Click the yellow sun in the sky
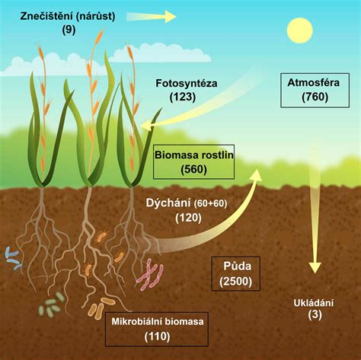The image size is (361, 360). tap(299, 30)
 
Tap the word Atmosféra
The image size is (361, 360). tap(314, 83)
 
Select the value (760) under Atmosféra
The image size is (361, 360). tap(315, 97)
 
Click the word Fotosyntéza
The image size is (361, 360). tap(187, 84)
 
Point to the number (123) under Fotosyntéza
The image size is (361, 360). tap(183, 97)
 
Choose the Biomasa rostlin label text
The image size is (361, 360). tap(194, 155)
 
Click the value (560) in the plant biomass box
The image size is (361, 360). tap(193, 169)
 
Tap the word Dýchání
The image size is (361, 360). tap(168, 203)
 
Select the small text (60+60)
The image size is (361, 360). tap(210, 203)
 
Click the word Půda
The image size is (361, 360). tap(238, 266)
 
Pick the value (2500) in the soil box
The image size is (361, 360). tap(236, 282)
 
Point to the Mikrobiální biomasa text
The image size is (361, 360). tap(158, 321)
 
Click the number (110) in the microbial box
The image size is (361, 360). tap(157, 336)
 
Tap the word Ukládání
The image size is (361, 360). tap(314, 303)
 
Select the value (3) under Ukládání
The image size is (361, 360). tap(315, 315)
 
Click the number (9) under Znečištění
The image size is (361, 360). tap(69, 30)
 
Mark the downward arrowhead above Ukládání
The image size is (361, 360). tap(315, 267)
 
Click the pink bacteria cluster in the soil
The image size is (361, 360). tap(150, 275)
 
